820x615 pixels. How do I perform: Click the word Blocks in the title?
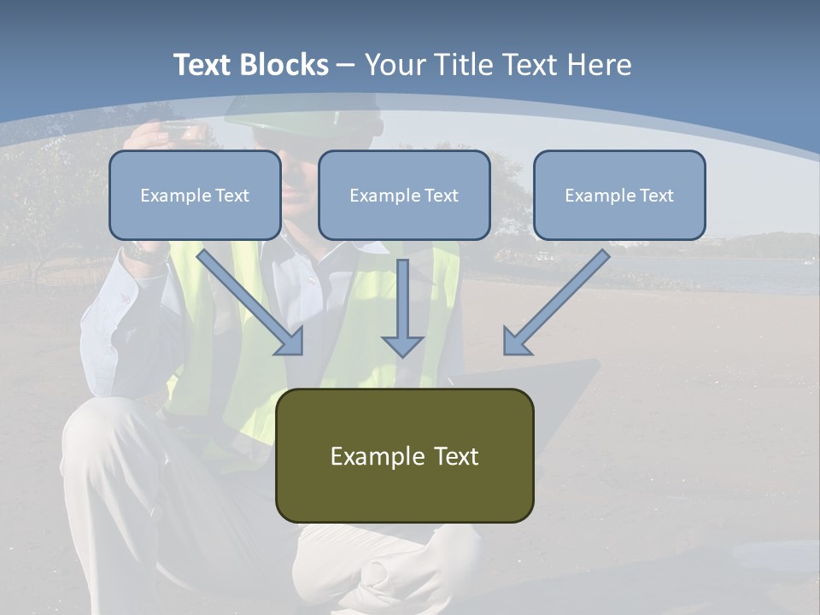[286, 65]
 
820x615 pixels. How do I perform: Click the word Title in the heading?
[464, 65]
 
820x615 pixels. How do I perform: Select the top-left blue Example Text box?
[195, 195]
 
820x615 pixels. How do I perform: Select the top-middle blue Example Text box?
[404, 195]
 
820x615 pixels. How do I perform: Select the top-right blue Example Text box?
[619, 195]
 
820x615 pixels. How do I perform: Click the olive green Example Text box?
[404, 455]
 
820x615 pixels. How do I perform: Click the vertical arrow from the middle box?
[402, 299]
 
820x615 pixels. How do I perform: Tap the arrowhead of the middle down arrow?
[402, 346]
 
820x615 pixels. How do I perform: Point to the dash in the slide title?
[346, 65]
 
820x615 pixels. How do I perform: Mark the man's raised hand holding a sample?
[162, 137]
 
